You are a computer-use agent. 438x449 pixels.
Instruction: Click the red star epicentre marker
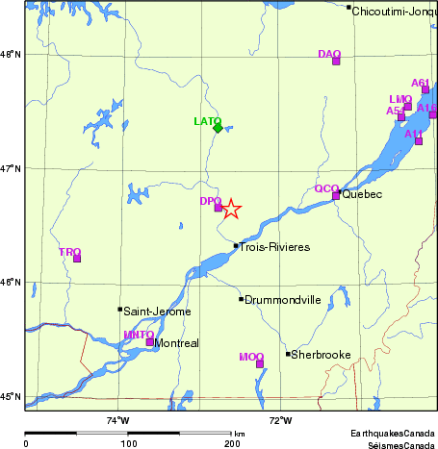click(x=231, y=209)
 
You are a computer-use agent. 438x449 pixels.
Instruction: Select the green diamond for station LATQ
click(x=219, y=128)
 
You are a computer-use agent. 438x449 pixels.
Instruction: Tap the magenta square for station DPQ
click(x=219, y=208)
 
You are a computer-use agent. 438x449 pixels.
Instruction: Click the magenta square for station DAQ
click(x=336, y=62)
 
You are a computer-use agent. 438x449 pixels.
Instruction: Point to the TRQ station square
click(x=77, y=258)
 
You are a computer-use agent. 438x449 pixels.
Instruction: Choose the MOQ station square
click(x=260, y=363)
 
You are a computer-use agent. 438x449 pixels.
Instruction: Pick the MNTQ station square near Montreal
click(x=149, y=341)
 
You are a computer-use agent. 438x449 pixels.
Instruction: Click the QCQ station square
click(x=336, y=196)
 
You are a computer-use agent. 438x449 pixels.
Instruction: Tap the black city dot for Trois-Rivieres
click(x=236, y=246)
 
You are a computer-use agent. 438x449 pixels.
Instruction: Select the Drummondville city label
click(x=283, y=300)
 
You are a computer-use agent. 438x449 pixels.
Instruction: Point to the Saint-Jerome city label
click(x=157, y=312)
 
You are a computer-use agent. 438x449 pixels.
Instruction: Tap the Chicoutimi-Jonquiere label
click(x=395, y=12)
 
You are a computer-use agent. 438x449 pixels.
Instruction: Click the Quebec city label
click(x=363, y=195)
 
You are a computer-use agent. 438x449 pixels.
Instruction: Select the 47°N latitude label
click(x=12, y=169)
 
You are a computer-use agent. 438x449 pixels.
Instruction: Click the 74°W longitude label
click(x=117, y=420)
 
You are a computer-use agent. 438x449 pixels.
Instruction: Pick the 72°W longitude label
click(x=280, y=420)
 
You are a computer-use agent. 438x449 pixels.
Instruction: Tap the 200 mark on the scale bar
click(x=231, y=444)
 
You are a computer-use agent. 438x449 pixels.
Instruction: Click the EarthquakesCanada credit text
click(x=393, y=434)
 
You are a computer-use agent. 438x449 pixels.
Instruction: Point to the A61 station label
click(x=421, y=83)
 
